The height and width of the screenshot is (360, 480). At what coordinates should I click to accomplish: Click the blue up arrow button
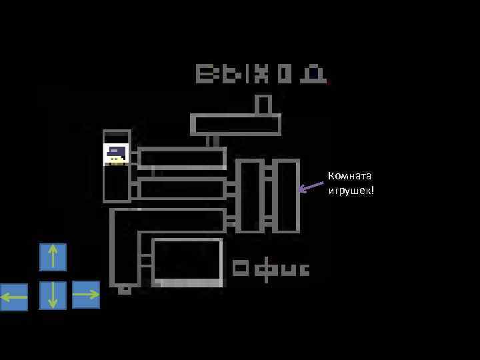point(53,257)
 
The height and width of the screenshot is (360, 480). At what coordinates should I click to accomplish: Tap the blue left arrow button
point(14,297)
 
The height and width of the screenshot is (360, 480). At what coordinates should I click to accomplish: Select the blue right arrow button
point(85,295)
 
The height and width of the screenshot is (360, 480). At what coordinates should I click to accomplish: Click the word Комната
point(349,176)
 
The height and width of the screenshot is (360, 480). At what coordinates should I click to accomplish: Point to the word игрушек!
point(351,191)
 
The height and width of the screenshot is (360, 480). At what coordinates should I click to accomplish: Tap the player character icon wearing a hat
point(116,154)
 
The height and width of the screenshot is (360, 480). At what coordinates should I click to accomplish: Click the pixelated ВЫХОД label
point(261,73)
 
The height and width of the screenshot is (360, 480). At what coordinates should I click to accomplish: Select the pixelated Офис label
point(271,269)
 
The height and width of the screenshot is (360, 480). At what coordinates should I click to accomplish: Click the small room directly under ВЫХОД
point(263,105)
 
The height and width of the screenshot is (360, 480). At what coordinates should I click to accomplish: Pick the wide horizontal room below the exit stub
point(235,125)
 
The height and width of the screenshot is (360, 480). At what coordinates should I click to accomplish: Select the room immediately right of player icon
point(182,158)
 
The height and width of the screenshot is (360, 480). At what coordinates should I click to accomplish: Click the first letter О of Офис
point(241,269)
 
